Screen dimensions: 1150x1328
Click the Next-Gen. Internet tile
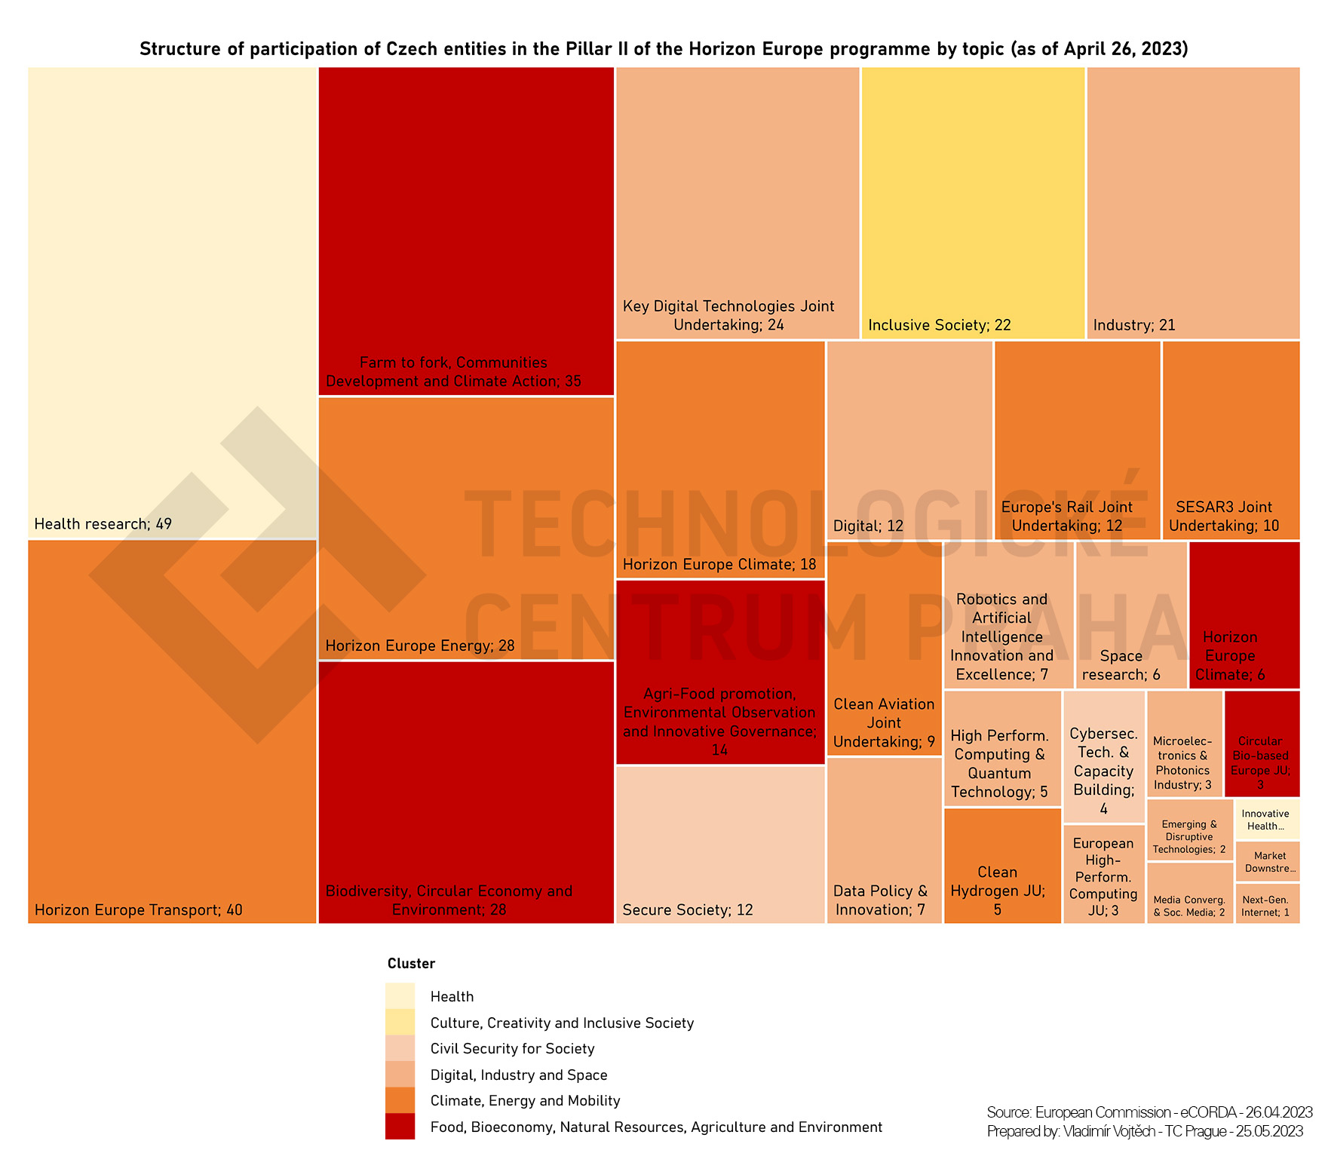(x=1267, y=903)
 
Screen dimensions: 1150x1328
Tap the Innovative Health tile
(x=1267, y=820)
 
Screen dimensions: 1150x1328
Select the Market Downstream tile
(x=1267, y=862)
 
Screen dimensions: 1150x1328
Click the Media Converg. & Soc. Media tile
(x=1189, y=894)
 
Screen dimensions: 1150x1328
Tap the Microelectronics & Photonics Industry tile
(x=1184, y=744)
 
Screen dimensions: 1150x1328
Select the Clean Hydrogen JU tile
(x=1002, y=866)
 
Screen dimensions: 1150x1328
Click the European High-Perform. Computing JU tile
(x=1103, y=874)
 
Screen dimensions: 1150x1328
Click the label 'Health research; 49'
(x=103, y=524)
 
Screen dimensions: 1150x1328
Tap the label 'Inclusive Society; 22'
(x=939, y=325)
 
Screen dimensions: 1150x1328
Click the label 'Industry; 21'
(x=1134, y=325)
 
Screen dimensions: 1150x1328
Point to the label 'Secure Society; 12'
(x=688, y=910)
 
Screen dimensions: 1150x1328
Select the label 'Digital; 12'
(x=868, y=526)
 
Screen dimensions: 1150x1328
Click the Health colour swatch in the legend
(x=400, y=996)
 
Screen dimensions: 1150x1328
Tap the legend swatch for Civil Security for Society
(x=400, y=1048)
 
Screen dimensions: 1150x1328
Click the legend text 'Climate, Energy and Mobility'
(x=525, y=1101)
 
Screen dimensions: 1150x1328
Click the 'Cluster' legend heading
(x=411, y=964)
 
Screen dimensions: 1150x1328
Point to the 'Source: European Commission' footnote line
(x=1149, y=1112)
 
